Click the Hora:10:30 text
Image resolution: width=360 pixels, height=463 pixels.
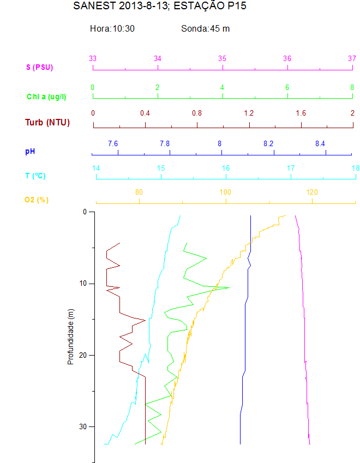coord(112,28)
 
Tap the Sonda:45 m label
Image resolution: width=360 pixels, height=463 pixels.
coord(205,28)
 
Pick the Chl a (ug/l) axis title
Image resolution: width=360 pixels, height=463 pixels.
coord(46,97)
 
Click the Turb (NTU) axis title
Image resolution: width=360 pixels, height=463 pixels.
coord(47,122)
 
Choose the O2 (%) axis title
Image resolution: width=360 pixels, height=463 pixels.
coord(36,200)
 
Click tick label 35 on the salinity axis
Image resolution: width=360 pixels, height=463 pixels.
coord(223,58)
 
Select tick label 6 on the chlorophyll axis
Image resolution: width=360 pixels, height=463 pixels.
coord(287,87)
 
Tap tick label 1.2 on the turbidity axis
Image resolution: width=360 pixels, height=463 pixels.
coord(249,113)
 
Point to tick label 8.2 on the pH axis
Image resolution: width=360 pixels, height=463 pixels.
coord(268,143)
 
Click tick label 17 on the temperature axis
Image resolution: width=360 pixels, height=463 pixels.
coord(291,168)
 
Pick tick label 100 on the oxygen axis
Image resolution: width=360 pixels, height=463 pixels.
coord(225,192)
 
